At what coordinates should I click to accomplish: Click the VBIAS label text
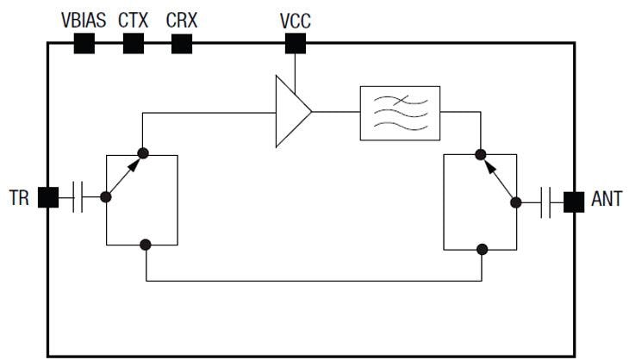point(84,18)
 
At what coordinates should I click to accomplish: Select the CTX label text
point(133,18)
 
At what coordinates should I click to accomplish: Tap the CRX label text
point(181,18)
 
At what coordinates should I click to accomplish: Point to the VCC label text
point(296,19)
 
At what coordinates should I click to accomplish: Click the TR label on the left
point(19,198)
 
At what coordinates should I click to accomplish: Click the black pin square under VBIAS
point(84,44)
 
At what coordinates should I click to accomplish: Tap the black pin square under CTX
point(133,44)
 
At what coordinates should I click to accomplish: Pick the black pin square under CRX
point(181,44)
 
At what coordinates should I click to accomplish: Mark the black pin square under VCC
point(296,44)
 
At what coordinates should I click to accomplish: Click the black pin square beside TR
point(48,197)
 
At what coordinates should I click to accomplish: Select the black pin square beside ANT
point(573,202)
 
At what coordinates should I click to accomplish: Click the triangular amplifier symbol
point(291,112)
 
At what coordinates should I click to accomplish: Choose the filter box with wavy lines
point(399,113)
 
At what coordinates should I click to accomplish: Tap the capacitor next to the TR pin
point(78,197)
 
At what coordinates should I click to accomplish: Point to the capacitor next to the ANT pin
point(545,202)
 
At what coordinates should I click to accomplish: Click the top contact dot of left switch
point(143,154)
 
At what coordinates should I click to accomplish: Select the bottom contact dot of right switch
point(482,249)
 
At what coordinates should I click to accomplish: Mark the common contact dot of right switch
point(516,202)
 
